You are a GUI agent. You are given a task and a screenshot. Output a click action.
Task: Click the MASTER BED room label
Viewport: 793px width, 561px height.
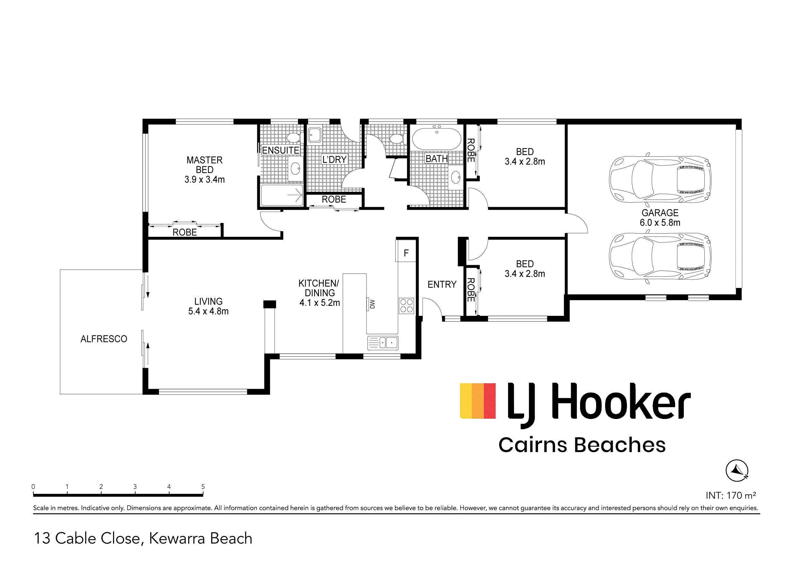[205, 170]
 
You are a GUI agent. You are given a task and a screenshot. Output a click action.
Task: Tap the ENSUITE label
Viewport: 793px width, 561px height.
[280, 150]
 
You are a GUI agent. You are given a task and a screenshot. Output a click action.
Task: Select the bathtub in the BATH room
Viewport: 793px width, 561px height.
[436, 138]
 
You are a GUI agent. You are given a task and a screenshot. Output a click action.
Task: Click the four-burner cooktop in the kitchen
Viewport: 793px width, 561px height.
[406, 306]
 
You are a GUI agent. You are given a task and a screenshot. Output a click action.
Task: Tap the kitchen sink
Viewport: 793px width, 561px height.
[383, 343]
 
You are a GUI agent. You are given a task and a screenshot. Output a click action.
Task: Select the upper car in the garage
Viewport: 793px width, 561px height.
[660, 179]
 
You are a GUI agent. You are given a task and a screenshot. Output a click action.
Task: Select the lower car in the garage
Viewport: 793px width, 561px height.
[660, 256]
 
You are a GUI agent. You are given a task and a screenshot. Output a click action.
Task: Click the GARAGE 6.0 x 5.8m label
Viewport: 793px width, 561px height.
[660, 218]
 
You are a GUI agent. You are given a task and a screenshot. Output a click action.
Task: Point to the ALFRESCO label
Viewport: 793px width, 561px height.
[104, 339]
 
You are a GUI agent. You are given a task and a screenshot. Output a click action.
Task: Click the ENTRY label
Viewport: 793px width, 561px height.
[442, 284]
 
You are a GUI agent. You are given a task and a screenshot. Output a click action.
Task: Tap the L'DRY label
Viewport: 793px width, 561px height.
[334, 159]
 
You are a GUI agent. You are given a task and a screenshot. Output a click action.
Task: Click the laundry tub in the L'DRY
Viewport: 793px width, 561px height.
[314, 135]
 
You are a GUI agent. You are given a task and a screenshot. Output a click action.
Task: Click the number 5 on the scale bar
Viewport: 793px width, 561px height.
[203, 486]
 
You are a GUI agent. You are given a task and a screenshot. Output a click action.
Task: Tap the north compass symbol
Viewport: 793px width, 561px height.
[737, 470]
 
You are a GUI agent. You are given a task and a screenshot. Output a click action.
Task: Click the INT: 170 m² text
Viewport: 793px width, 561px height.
[730, 495]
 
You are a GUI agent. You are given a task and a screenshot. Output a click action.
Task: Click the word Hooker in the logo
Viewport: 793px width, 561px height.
[621, 401]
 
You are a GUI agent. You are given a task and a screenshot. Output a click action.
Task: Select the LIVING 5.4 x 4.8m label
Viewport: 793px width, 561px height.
[208, 306]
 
